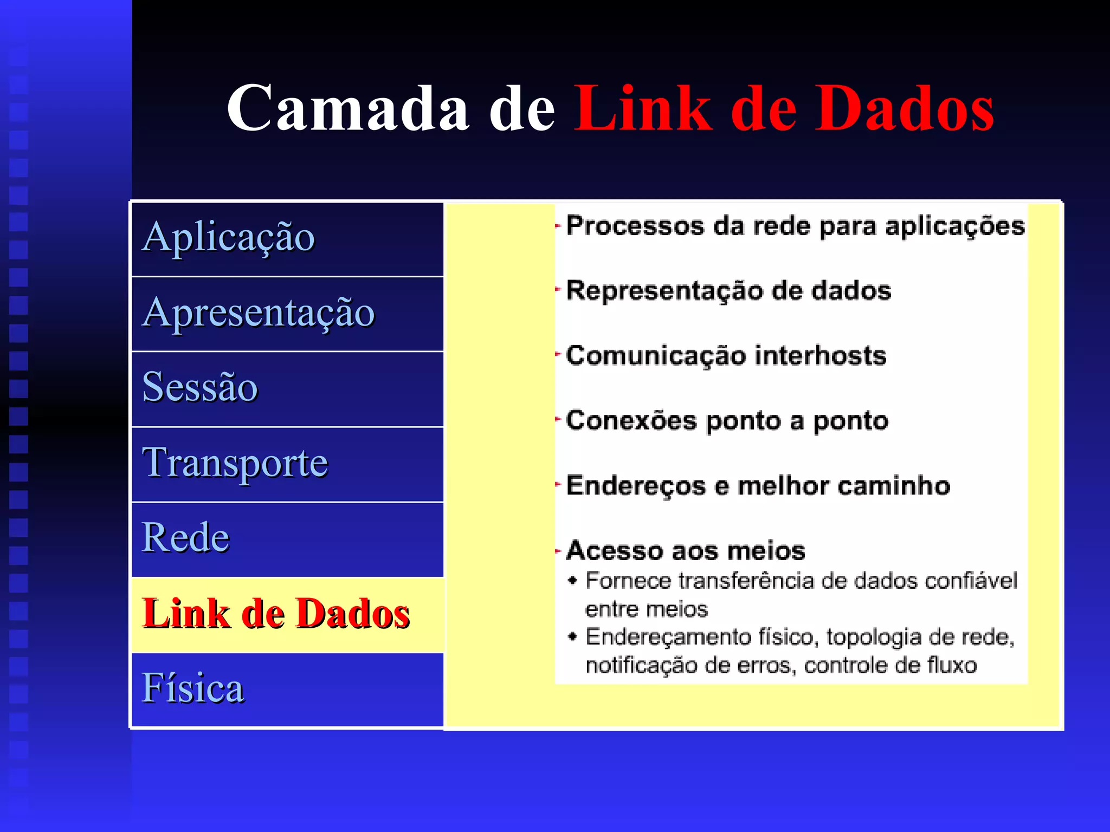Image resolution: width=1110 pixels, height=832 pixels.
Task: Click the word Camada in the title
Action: coord(347,108)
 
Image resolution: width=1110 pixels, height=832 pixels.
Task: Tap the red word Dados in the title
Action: coord(905,108)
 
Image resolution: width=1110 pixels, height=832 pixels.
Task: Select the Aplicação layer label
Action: coord(228,237)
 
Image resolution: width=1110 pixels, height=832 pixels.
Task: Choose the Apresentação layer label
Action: coord(258,313)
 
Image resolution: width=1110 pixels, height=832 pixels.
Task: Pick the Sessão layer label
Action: coord(200,387)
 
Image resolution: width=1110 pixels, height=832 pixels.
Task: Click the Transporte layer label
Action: coord(235,463)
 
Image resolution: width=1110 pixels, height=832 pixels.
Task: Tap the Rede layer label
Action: coord(185,538)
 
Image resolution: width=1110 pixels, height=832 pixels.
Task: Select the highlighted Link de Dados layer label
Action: coord(276,614)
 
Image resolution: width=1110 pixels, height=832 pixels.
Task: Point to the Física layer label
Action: coord(193,688)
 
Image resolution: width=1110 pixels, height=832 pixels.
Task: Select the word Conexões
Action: coord(631,421)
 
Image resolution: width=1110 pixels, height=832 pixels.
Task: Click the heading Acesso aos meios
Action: coord(686,551)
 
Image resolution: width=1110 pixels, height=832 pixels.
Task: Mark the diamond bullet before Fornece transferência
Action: coord(572,581)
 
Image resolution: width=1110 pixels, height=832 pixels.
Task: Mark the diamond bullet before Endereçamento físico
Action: coord(572,636)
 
